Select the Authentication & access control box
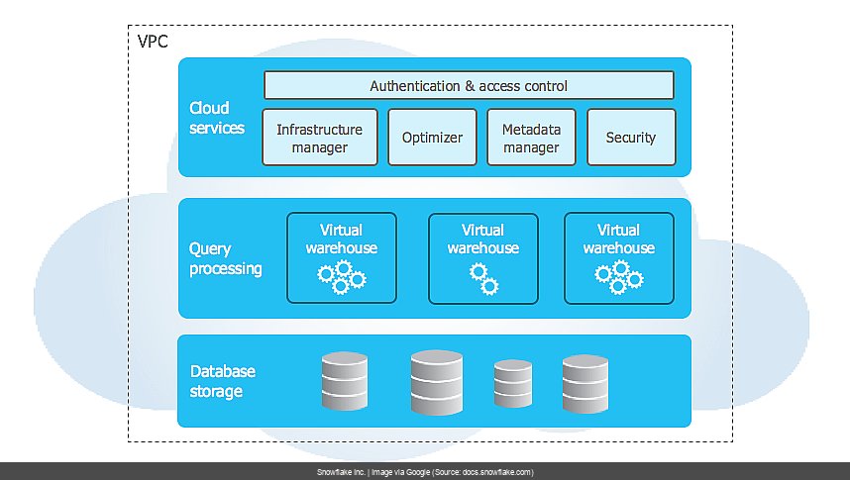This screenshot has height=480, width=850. pos(469,86)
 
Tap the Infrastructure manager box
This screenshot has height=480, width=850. pos(320,138)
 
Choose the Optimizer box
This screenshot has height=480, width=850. pos(432,138)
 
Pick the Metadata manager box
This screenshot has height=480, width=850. pos(531,138)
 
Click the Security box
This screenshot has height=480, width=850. pos(631,138)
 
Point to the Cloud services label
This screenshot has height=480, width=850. pos(216,119)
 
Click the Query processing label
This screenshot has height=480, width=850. pos(225,259)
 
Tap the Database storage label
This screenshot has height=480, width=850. pos(222,381)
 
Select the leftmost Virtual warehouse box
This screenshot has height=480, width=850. pos(341,257)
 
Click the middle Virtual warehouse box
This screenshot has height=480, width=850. pos(483,257)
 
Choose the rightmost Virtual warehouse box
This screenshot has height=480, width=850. pos(618,257)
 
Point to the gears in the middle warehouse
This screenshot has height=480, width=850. pos(483,279)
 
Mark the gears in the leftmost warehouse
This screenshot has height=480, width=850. pos(341,277)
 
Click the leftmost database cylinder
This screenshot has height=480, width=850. pos(344,382)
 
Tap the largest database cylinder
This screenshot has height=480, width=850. pos(437,381)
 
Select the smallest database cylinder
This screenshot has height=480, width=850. pos(513,385)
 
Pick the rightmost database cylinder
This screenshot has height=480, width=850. pos(584,384)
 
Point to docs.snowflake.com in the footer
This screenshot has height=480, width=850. pos(500,472)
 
